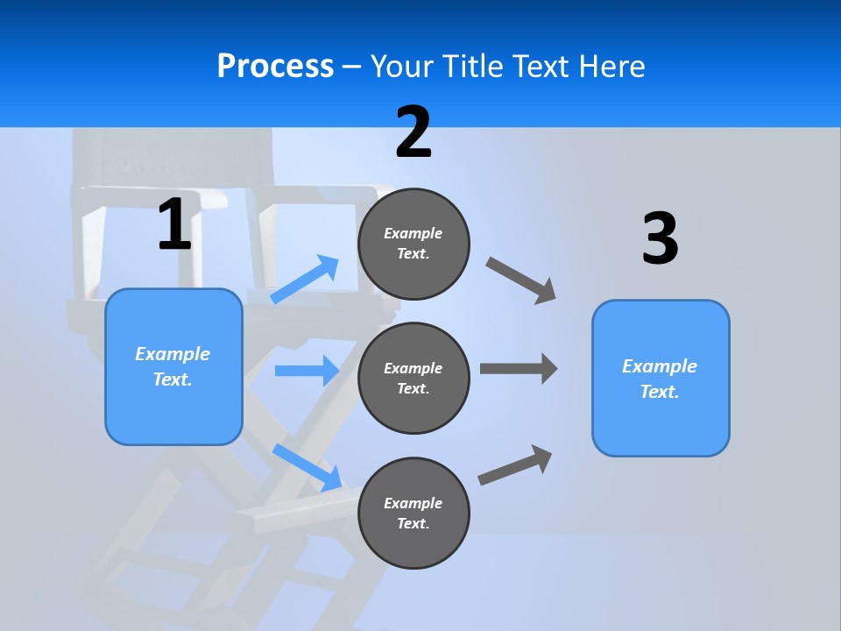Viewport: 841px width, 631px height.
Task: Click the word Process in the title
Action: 275,66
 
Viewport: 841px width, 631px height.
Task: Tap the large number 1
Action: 174,225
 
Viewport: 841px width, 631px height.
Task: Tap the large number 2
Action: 413,132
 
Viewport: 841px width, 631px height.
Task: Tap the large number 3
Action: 660,239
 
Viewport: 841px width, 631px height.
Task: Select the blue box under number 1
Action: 173,366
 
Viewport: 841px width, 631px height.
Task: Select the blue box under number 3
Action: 661,378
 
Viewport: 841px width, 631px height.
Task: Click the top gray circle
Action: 413,244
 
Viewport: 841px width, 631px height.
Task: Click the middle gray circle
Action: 413,378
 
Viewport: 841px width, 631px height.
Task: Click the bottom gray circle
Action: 413,513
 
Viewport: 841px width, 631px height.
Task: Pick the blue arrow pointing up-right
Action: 305,280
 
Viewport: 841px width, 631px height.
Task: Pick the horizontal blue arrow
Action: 307,371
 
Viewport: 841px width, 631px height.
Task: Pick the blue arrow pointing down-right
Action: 307,467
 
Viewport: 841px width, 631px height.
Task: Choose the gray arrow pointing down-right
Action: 521,280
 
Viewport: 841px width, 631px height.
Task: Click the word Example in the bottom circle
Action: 413,503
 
